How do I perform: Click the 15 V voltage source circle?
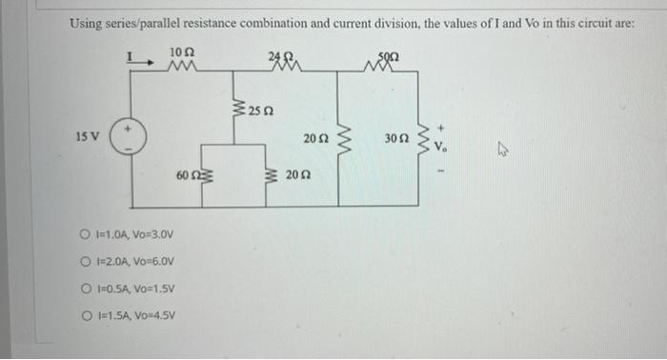(131, 137)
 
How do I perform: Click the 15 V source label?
(87, 137)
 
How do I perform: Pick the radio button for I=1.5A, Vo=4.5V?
(87, 317)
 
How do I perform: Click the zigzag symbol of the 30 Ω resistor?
(421, 139)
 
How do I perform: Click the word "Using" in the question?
(86, 23)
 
